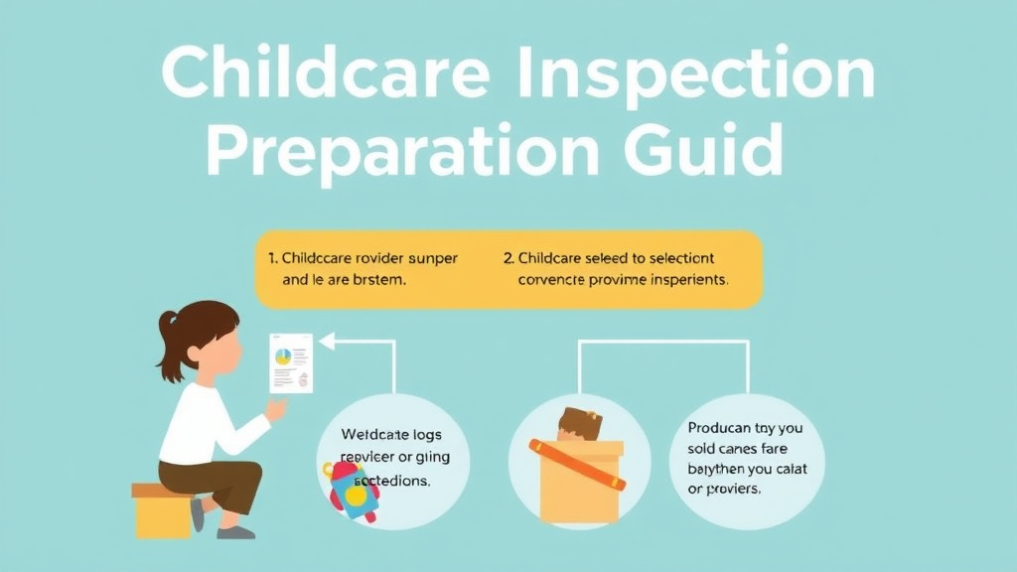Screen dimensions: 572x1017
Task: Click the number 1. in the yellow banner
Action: click(x=273, y=258)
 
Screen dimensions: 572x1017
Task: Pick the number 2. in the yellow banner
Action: click(x=508, y=258)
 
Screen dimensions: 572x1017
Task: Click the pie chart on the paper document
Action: click(x=283, y=356)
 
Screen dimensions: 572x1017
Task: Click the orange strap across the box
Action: click(x=577, y=464)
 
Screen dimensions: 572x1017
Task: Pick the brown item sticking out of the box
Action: click(x=580, y=424)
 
